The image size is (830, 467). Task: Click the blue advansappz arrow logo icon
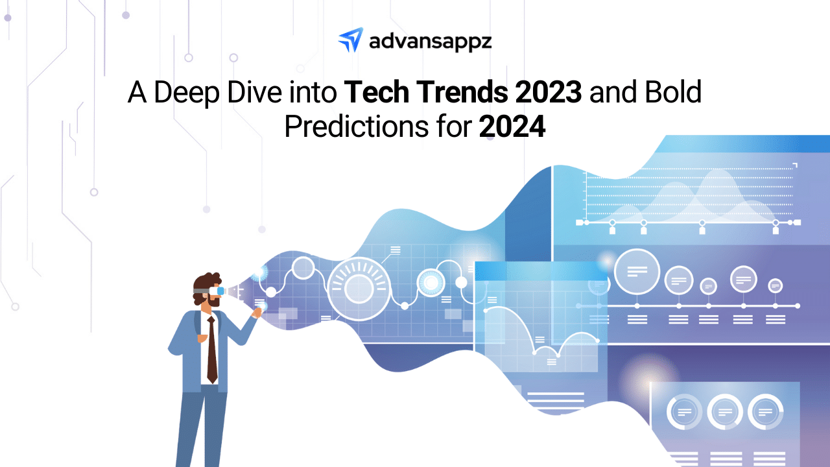click(x=350, y=40)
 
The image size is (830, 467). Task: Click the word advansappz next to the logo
click(x=430, y=42)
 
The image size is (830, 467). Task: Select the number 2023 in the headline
click(x=548, y=92)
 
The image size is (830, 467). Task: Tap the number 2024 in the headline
click(x=512, y=126)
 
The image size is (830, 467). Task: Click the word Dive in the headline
click(x=254, y=92)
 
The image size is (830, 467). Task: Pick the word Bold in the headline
click(x=673, y=92)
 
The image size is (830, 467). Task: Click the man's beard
click(x=212, y=300)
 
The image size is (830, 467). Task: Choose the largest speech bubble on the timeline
click(x=637, y=272)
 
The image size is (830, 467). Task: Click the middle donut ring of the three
click(x=725, y=412)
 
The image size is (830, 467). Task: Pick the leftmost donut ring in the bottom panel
click(x=684, y=412)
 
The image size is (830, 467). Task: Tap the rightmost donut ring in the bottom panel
click(x=765, y=412)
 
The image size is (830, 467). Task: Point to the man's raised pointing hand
click(x=257, y=313)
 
